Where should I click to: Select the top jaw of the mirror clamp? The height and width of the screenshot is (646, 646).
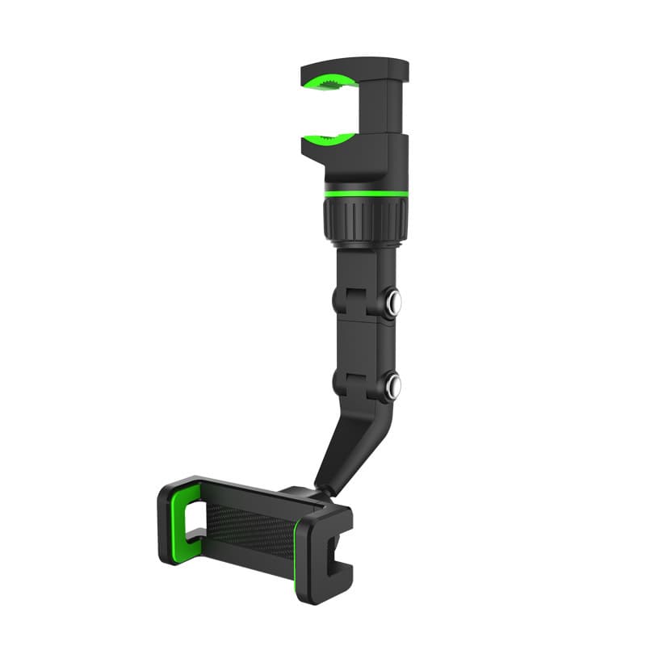click(x=355, y=66)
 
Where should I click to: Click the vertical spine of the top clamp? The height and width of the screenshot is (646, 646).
click(x=394, y=109)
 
